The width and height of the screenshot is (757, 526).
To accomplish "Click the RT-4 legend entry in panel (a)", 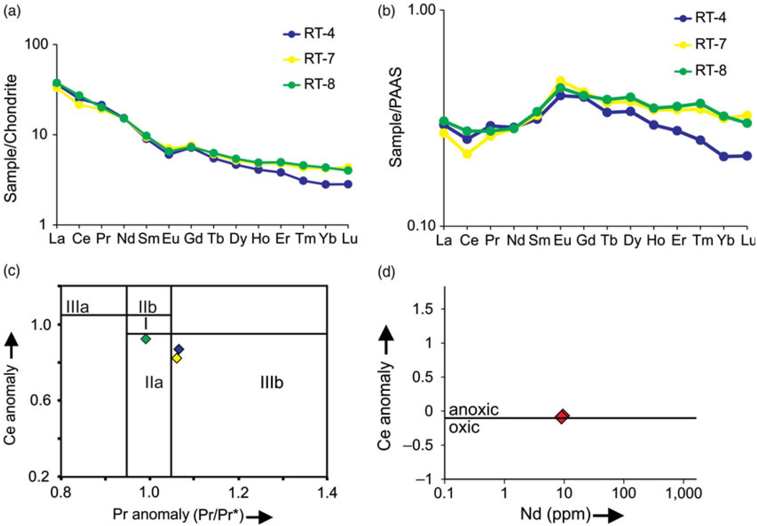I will point(309,34).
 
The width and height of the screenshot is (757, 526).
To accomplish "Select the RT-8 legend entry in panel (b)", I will point(701,71).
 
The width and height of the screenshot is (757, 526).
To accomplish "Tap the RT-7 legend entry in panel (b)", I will point(701,44).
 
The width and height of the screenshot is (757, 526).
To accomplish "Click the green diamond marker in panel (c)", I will point(146,339).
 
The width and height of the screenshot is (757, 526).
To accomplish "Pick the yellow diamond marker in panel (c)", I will point(177,358).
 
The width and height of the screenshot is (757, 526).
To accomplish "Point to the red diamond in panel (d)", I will point(562,416).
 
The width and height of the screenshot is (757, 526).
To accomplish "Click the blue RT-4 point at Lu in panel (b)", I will point(747,156).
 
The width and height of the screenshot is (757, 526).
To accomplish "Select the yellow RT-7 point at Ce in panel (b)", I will point(467,154).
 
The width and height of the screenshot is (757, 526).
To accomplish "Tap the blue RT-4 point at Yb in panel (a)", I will point(326,185).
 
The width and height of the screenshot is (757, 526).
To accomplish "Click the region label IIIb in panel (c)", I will point(272,383).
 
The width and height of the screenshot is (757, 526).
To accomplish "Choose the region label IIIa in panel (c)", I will point(78,307).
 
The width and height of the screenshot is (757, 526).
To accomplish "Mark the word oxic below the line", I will point(464,428).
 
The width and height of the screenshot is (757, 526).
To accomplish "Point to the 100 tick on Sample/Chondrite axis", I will point(41,45).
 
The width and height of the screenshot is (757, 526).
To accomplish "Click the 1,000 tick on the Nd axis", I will point(685,494).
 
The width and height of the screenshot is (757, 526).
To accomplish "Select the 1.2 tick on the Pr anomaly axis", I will point(238,493).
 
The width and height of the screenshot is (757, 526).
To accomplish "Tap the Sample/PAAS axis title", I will point(396,117).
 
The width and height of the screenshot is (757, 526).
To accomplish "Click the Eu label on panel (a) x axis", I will point(171,239).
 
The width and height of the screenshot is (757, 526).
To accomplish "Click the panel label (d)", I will point(387,273).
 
